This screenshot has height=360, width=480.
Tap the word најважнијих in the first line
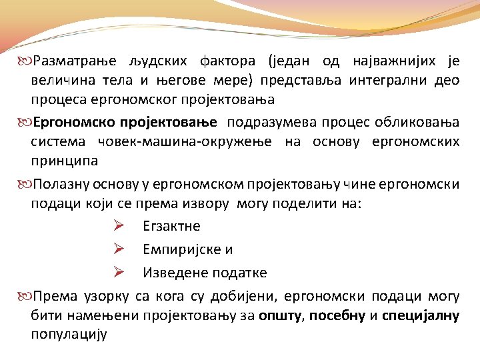(393, 61)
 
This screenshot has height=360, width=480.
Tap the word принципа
(64, 161)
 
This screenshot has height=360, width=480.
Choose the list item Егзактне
(171, 226)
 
